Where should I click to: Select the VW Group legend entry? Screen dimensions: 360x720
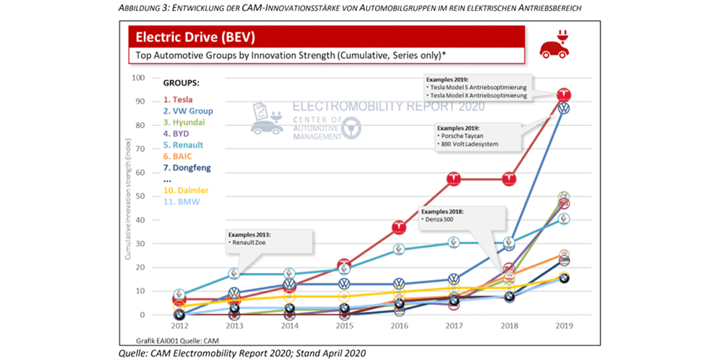[186, 111]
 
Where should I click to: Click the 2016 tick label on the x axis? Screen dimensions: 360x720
[398, 325]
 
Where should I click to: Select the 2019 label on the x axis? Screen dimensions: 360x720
[564, 325]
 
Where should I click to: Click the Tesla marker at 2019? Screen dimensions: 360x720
[565, 94]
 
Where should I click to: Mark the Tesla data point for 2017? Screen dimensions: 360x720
[454, 179]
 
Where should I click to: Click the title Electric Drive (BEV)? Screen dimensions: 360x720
[192, 37]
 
